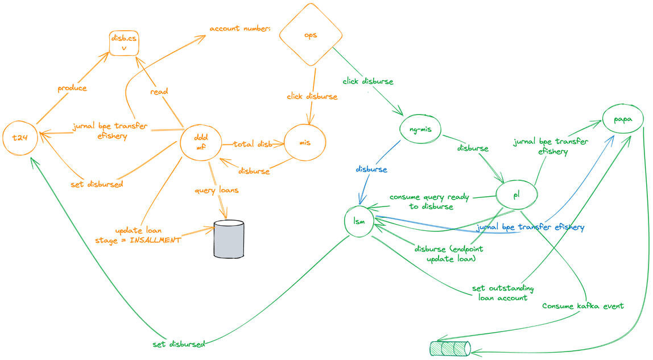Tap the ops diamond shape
(x=311, y=35)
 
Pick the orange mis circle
(x=305, y=144)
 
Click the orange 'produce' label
(x=72, y=88)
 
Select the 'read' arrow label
(x=159, y=91)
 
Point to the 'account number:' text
(x=239, y=28)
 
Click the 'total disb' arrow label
(x=253, y=144)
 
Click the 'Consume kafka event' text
(x=583, y=305)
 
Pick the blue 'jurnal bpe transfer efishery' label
(x=531, y=227)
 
